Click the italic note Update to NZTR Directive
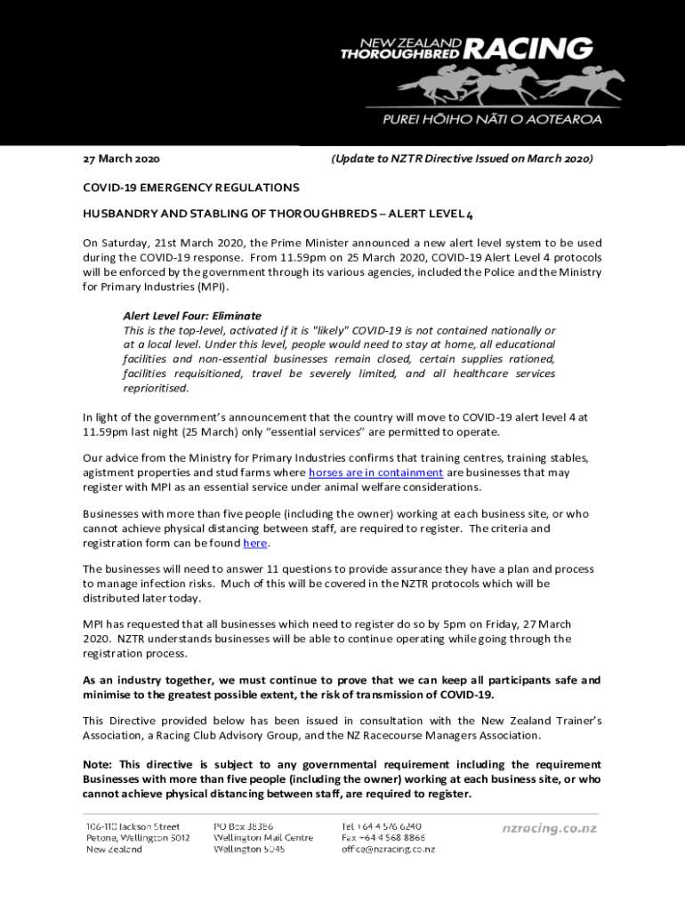461,159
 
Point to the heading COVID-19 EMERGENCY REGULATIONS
191,188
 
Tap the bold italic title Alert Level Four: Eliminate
192,316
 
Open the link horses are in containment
375,472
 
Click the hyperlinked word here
254,543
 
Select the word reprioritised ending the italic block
156,388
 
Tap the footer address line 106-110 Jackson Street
133,826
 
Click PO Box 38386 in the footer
243,826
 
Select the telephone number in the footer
382,826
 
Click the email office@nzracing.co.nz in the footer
388,850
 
